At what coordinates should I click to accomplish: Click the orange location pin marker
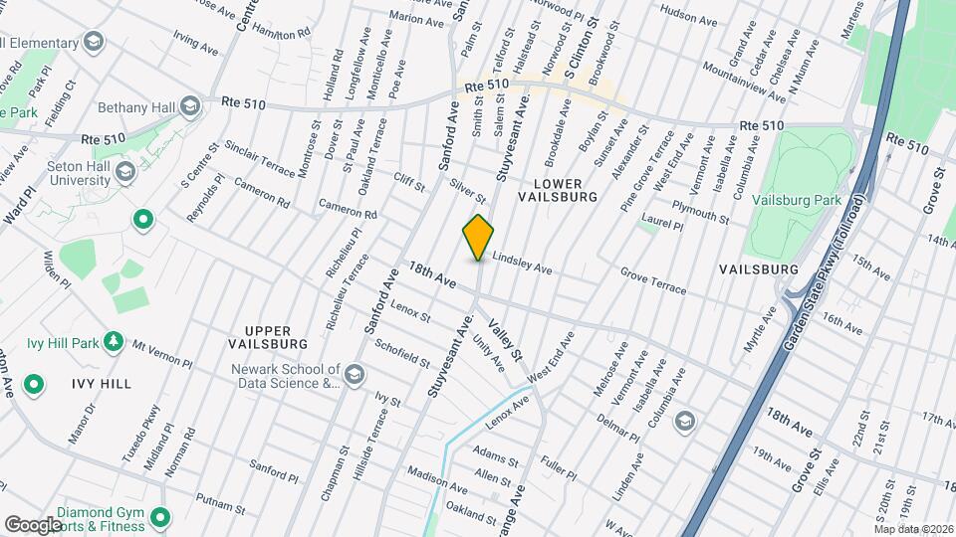pos(479,237)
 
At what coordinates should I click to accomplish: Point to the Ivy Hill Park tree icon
pos(114,343)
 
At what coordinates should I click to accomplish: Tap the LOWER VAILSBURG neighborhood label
pos(558,190)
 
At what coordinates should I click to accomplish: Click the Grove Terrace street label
pos(652,279)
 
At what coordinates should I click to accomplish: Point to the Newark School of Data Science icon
pos(355,375)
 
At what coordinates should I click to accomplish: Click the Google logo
pos(33,524)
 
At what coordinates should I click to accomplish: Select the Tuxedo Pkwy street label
pos(141,425)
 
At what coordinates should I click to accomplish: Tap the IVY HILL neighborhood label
pos(101,383)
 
